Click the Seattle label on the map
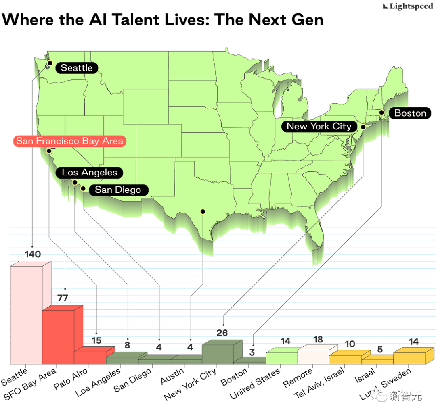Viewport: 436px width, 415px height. (x=76, y=68)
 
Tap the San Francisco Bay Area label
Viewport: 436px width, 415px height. (x=69, y=141)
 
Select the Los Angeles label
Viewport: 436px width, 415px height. (x=89, y=173)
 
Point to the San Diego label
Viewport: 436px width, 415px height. (x=118, y=190)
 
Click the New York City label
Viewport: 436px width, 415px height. (x=319, y=126)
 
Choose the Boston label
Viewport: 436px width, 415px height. (x=410, y=113)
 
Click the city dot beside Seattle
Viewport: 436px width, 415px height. (x=50, y=63)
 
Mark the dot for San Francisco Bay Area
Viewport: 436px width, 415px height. (x=49, y=151)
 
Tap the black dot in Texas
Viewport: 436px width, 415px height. (x=203, y=211)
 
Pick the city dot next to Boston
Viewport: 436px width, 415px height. (x=381, y=112)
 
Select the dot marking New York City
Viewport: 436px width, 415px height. (x=363, y=127)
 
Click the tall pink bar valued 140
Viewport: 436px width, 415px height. (x=26, y=315)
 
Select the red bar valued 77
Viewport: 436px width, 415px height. (x=59, y=337)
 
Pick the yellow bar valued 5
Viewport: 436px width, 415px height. (x=377, y=359)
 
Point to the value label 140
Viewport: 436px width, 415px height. (x=33, y=254)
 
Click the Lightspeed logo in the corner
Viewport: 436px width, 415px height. (x=408, y=6)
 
